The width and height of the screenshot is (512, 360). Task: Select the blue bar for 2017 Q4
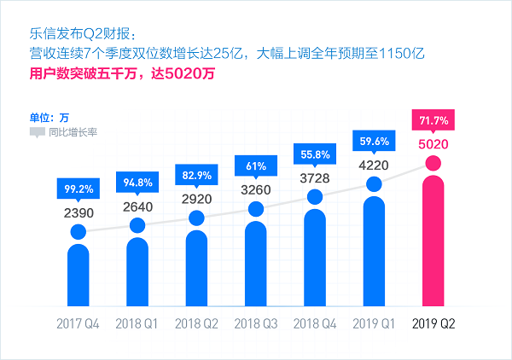(x=79, y=273)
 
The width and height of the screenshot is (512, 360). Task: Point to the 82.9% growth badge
(x=197, y=176)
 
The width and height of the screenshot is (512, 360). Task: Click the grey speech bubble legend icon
(x=37, y=132)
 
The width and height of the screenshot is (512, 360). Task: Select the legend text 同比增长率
(x=73, y=132)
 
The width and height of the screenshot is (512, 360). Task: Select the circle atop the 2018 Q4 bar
(x=316, y=197)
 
